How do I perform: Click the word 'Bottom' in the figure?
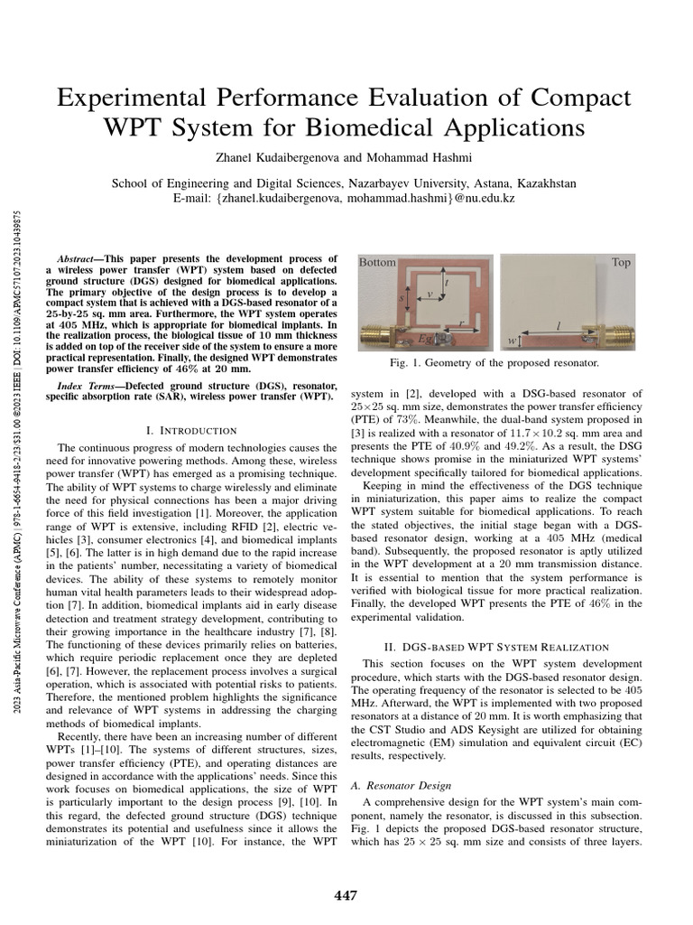pyautogui.click(x=377, y=263)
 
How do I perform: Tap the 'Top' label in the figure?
pyautogui.click(x=621, y=262)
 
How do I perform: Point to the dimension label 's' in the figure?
pyautogui.click(x=402, y=296)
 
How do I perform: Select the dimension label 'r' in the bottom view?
pyautogui.click(x=463, y=322)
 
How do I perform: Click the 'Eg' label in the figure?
pyautogui.click(x=424, y=338)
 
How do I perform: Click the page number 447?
pyautogui.click(x=346, y=895)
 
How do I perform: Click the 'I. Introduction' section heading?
pyautogui.click(x=192, y=430)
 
